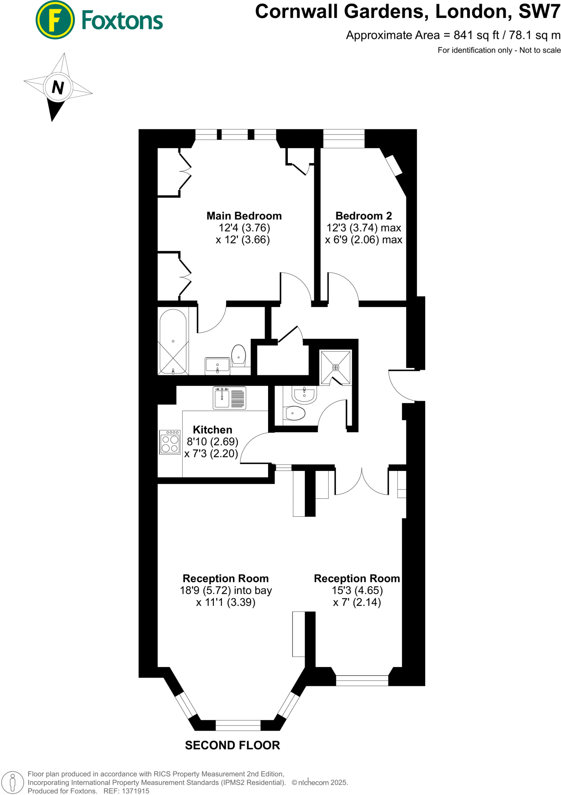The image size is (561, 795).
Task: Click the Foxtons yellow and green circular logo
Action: pos(55,20)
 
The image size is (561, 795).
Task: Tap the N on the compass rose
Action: pos(58,87)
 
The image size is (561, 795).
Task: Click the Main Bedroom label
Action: pos(244,216)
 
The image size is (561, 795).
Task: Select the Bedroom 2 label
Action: pos(364,216)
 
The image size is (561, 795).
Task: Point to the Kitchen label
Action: pos(213,430)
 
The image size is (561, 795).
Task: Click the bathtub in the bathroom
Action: pos(173,341)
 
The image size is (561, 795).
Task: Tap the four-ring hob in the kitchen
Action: pos(170,442)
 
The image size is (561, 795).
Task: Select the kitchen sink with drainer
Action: pos(229,398)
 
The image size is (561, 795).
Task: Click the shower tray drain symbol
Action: pos(336,367)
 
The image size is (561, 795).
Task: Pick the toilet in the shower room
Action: pos(295,413)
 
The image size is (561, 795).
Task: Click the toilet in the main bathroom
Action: pos(239,355)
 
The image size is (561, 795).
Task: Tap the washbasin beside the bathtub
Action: pos(217,365)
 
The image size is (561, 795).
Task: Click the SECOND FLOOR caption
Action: pos(232,745)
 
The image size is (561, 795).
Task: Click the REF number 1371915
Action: pos(136,791)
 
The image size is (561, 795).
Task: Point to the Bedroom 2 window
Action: pos(344,139)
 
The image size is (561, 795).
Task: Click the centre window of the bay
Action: pos(238,725)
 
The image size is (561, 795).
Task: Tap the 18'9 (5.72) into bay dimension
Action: pos(226,590)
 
